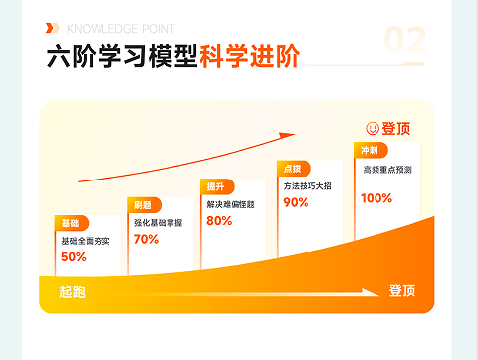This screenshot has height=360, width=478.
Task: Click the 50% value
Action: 74,257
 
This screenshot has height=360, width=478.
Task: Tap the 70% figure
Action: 146,239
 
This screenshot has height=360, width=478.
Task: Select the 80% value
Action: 219,221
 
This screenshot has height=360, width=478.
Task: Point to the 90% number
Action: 296,202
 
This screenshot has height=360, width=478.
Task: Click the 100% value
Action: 376,198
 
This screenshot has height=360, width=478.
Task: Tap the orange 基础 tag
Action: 71,223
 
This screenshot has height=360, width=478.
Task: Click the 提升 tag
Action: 215,186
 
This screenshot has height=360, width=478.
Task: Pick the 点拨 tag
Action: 292,169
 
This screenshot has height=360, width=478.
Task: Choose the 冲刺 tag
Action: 369,150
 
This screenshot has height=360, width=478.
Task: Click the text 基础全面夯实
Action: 86,241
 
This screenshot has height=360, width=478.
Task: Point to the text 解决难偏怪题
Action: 231,204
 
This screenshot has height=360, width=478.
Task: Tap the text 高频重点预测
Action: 386,169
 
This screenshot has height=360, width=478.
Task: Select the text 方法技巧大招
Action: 308,186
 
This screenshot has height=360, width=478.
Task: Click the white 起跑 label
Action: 72,292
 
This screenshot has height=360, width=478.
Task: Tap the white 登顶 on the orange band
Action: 401,291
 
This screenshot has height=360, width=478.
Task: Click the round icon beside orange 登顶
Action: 373,128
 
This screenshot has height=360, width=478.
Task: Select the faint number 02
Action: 404,41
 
